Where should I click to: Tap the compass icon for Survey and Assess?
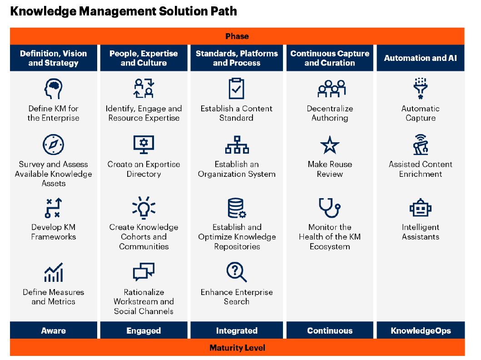pyautogui.click(x=54, y=145)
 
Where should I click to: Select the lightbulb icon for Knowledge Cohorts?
pyautogui.click(x=144, y=207)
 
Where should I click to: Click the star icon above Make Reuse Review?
pyautogui.click(x=330, y=145)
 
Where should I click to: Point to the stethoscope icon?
pyautogui.click(x=330, y=207)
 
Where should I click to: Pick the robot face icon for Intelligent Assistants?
pyautogui.click(x=420, y=208)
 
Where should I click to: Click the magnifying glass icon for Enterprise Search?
pyautogui.click(x=237, y=272)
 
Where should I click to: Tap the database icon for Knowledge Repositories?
pyautogui.click(x=237, y=208)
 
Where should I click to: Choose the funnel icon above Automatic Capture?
pyautogui.click(x=420, y=88)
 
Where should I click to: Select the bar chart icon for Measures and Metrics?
pyautogui.click(x=54, y=272)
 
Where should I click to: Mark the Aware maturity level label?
pyautogui.click(x=54, y=330)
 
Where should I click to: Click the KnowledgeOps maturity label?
pyautogui.click(x=421, y=330)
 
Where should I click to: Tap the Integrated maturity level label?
pyautogui.click(x=237, y=330)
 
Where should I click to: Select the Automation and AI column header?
pyautogui.click(x=421, y=58)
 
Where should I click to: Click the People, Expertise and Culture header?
pyautogui.click(x=144, y=58)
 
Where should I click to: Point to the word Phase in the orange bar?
pyautogui.click(x=237, y=36)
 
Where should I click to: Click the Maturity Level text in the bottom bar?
pyautogui.click(x=237, y=348)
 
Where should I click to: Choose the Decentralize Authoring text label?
pyautogui.click(x=330, y=113)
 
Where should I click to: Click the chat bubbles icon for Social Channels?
pyautogui.click(x=144, y=272)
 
